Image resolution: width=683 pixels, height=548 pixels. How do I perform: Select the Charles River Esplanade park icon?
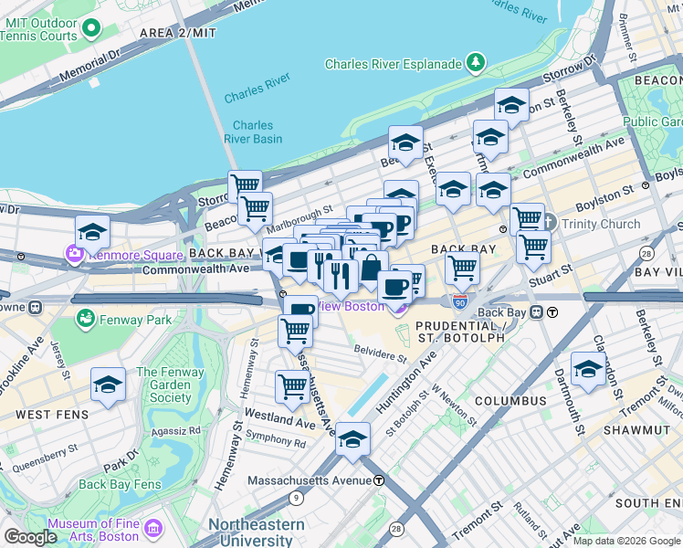(x=475, y=63)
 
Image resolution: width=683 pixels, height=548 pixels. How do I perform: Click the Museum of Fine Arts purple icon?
(x=152, y=529)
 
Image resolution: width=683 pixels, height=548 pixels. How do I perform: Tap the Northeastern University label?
(x=257, y=532)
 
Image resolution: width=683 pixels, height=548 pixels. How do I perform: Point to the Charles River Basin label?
(x=252, y=132)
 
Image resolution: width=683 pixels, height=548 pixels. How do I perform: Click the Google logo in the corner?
(x=30, y=537)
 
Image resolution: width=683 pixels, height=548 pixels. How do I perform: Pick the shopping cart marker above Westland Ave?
(x=291, y=386)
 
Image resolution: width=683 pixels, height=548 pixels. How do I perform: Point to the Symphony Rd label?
(x=275, y=442)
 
